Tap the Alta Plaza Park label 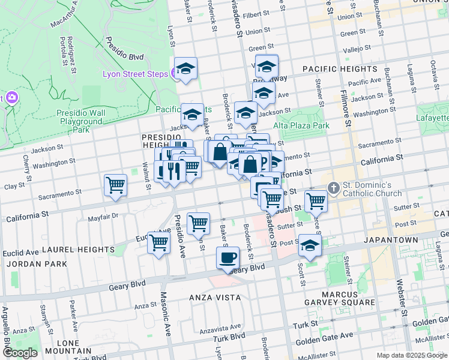(x=301, y=125)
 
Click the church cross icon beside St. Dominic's (x=334, y=188)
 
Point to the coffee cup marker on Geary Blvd (x=227, y=259)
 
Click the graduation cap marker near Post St (x=310, y=245)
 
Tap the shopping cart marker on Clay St (x=115, y=185)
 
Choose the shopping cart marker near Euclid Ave (x=158, y=242)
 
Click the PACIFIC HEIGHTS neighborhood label (x=339, y=69)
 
